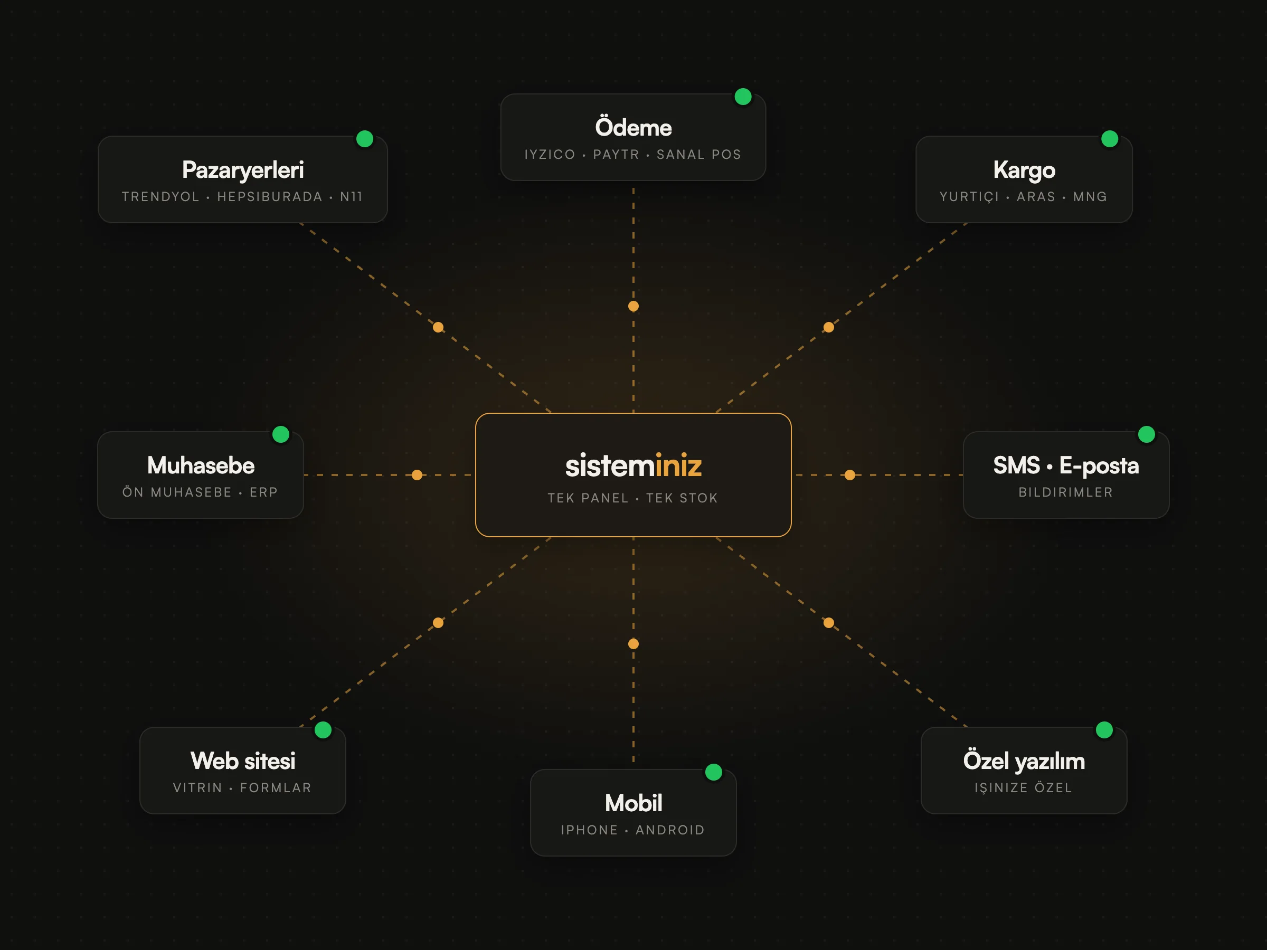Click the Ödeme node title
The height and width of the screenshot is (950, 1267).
(x=633, y=127)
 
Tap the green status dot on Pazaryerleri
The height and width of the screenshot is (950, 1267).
(x=365, y=139)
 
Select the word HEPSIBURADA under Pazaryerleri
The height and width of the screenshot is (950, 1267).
(x=270, y=196)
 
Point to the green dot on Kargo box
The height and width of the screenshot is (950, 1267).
(x=1110, y=139)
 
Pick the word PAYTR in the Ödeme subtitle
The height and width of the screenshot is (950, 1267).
(x=616, y=154)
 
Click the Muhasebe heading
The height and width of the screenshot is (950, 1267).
(x=201, y=465)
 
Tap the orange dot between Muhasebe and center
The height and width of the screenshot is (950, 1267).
(x=417, y=474)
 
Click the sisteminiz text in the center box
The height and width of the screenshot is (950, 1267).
(x=633, y=465)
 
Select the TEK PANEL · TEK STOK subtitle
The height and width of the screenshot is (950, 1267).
(x=633, y=498)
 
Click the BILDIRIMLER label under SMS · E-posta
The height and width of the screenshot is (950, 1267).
(x=1065, y=492)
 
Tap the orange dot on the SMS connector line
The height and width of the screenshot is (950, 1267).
(x=850, y=474)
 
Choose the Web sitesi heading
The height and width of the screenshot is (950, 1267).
(x=243, y=761)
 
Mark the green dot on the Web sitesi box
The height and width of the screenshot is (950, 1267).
(x=323, y=729)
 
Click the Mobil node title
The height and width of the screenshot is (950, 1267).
(x=633, y=803)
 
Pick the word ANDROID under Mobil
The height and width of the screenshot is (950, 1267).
(x=670, y=830)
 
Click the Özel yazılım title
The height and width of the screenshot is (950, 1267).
(x=1024, y=761)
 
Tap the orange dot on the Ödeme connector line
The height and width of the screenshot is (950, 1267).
(x=633, y=306)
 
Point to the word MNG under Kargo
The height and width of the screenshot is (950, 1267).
(x=1090, y=196)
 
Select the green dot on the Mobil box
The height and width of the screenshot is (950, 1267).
(x=714, y=772)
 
